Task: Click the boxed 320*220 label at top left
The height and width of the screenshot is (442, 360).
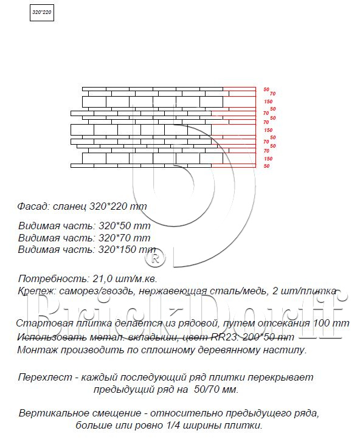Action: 42,13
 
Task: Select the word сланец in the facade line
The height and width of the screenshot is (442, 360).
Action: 70,206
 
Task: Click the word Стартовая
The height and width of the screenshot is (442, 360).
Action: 42,323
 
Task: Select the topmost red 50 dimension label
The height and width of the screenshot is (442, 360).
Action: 266,89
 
